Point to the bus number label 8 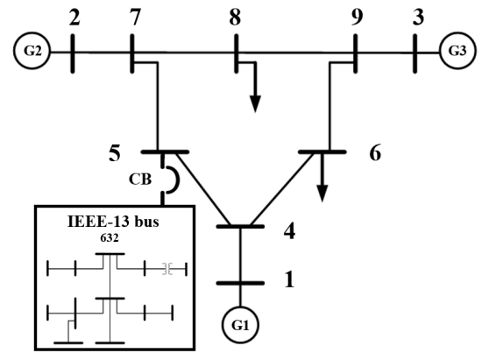(x=236, y=16)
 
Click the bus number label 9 (x=357, y=16)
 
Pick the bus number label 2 (x=72, y=16)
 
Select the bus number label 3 (x=415, y=16)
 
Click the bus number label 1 (x=289, y=281)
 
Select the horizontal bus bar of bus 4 (x=241, y=227)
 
